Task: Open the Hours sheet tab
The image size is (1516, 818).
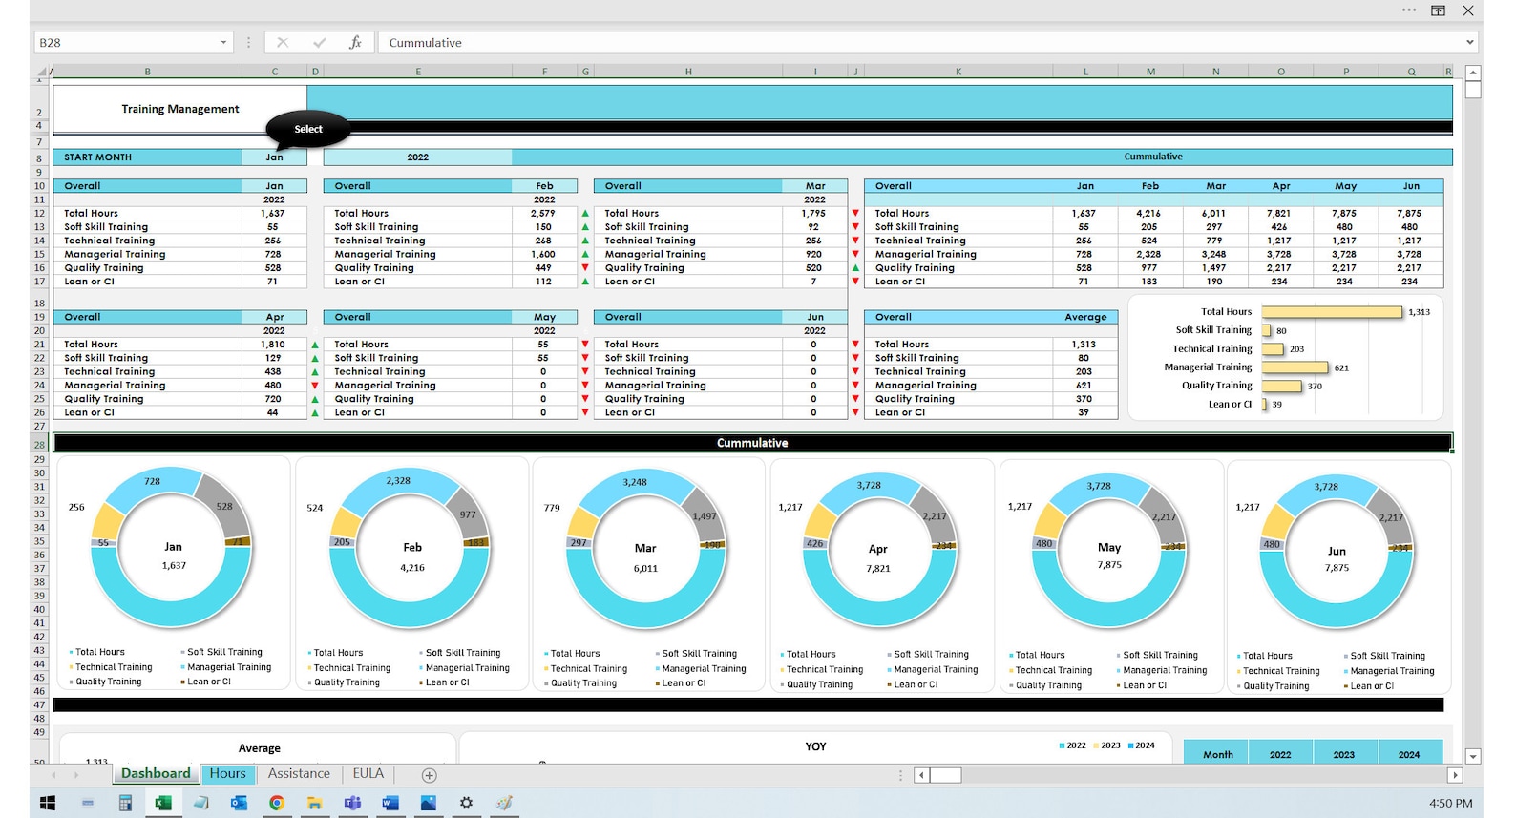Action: coord(227,774)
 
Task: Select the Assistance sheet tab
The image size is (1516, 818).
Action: coord(299,774)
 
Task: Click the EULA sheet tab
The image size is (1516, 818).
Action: coord(368,774)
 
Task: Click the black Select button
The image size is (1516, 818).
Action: coord(307,129)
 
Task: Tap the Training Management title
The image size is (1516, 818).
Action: coord(180,109)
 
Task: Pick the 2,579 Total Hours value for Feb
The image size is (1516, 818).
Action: coord(542,214)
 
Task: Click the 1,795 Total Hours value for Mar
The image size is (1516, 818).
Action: coord(813,214)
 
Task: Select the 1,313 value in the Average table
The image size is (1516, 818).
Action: coord(1083,345)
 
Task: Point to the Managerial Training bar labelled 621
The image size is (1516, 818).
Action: coord(1295,367)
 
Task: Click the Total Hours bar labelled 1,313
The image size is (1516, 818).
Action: coord(1332,312)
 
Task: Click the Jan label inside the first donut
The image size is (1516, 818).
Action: coord(173,547)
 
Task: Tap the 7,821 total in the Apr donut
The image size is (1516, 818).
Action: coord(878,569)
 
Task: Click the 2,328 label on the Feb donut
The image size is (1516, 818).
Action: coord(398,481)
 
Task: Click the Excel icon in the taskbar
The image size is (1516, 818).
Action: coord(162,803)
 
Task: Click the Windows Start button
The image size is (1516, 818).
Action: coord(48,803)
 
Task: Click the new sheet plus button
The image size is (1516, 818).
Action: coord(429,775)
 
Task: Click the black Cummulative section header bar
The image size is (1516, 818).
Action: coord(752,443)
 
